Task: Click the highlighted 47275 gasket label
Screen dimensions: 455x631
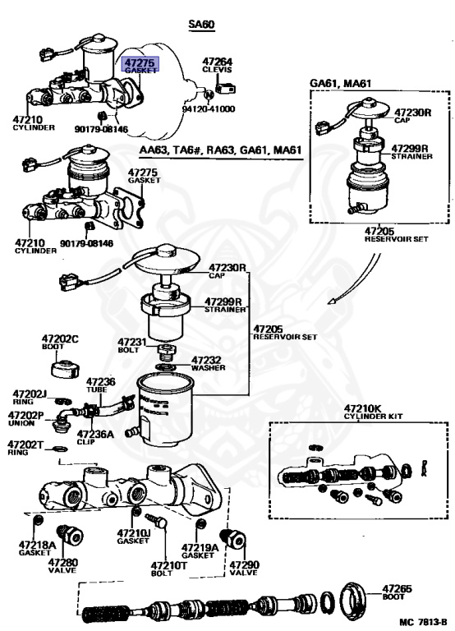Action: pos(140,64)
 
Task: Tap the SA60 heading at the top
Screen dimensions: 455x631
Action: pos(201,25)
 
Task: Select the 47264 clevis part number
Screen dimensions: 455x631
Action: pos(218,62)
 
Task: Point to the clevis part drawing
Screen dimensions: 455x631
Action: pos(225,88)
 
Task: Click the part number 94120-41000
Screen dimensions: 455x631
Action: pos(209,109)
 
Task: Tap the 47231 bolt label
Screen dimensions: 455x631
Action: pos(132,345)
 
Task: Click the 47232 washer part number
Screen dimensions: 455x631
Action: pos(206,360)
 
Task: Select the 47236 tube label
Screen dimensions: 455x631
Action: pos(100,385)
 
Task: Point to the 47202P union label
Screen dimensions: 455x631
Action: pos(25,418)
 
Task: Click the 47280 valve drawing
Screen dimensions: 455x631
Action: pos(71,535)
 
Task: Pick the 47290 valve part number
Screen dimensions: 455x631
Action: pos(244,564)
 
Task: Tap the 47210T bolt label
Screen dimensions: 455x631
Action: pos(169,569)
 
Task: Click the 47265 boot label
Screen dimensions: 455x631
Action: pos(397,592)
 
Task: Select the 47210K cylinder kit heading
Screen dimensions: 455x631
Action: pos(373,412)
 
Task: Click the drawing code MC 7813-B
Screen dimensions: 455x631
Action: pos(423,622)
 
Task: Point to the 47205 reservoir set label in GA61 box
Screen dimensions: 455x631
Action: pos(396,235)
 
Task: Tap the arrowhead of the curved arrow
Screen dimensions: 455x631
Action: pos(332,301)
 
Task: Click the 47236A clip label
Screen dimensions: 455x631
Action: pos(95,437)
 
